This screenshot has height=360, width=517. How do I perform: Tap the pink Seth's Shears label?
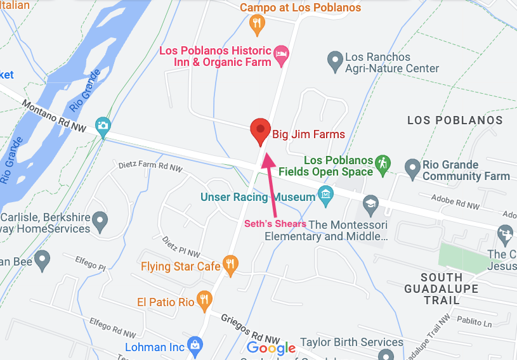[x=275, y=224]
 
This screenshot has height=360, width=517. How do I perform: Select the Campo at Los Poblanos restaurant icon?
[x=257, y=25]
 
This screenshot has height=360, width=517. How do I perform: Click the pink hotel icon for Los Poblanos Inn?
[x=281, y=56]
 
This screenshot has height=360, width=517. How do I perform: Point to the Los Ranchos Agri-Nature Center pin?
[x=335, y=61]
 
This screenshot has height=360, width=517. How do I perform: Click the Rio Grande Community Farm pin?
[x=413, y=169]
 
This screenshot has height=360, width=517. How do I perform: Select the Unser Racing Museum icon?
[x=326, y=193]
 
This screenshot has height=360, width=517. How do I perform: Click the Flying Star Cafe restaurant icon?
[x=230, y=264]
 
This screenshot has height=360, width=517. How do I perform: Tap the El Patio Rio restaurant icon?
[x=204, y=300]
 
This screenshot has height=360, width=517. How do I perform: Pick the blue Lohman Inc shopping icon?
[x=195, y=346]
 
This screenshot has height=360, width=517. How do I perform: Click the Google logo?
[x=271, y=348]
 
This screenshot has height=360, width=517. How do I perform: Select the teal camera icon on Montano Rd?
[x=102, y=125]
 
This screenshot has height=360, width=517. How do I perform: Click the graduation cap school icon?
[x=370, y=203]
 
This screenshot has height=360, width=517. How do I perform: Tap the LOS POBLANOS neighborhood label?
[x=455, y=120]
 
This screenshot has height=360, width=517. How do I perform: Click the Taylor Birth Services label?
[x=352, y=342]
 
